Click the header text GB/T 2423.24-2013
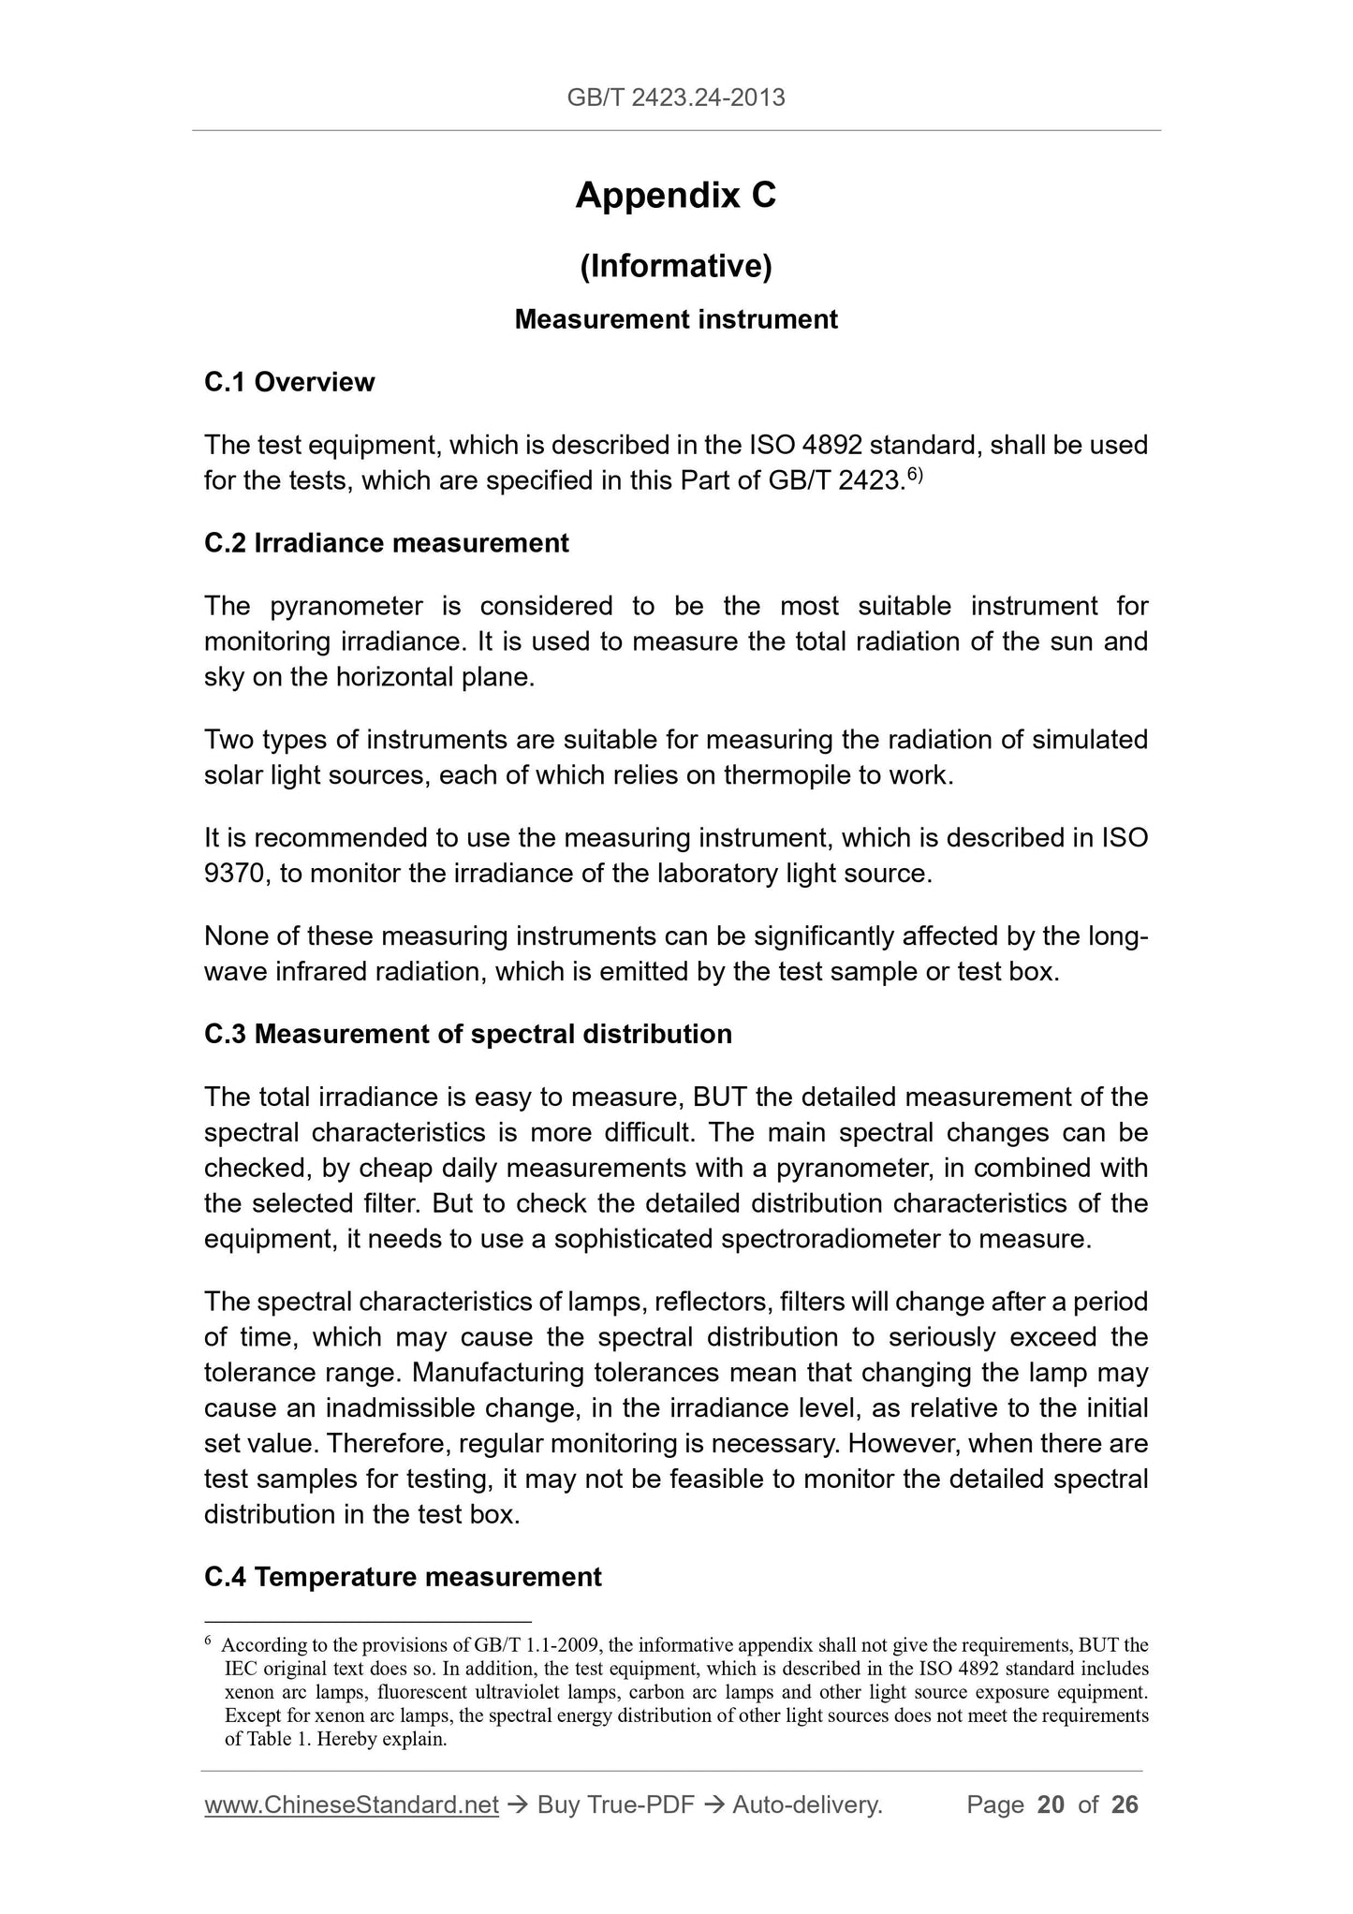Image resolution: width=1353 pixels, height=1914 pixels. pos(676,96)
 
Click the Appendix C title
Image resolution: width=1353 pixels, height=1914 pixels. pos(676,195)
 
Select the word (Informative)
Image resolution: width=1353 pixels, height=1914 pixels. pos(676,267)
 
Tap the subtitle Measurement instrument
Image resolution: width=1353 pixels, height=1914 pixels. pos(676,319)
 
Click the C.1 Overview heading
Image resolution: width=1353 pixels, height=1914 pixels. pos(289,382)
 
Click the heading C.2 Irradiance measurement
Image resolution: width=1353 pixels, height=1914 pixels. pos(386,543)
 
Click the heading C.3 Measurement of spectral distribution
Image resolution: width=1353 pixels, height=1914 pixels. pos(468,1034)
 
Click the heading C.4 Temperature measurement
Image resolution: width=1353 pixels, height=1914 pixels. pos(403,1577)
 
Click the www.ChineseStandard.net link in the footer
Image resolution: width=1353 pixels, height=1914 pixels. pos(351,1804)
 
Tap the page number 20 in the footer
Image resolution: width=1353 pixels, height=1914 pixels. pos(1051,1804)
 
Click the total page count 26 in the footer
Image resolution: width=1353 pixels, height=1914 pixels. pos(1124,1804)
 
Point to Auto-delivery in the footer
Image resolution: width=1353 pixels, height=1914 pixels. pos(807,1804)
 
